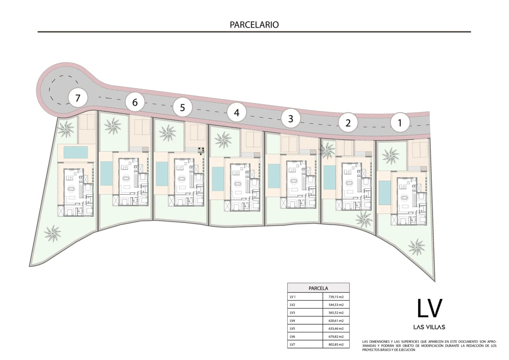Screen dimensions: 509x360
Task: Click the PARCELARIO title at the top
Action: tap(254, 25)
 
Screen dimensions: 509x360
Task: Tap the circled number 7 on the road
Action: tap(78, 98)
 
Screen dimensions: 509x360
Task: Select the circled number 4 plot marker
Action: tap(237, 113)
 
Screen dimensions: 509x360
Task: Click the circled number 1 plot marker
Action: tap(400, 123)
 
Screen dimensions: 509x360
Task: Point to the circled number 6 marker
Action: tap(135, 102)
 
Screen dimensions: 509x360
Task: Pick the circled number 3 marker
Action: tap(290, 119)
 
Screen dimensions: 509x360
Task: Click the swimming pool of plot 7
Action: tap(76, 152)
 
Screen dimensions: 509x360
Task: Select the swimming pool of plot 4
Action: tap(218, 179)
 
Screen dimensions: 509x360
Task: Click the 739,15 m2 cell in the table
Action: tap(336, 297)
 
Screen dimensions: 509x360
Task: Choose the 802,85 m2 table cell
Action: tap(336, 345)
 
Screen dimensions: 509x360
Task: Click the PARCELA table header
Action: tap(318, 288)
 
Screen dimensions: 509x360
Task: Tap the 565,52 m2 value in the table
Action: tap(336, 313)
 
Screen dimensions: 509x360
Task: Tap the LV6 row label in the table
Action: tap(292, 337)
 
